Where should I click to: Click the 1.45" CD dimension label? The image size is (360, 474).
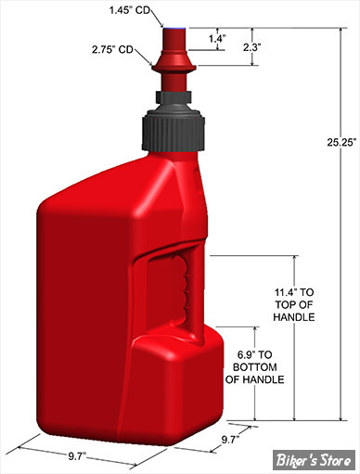pyautogui.click(x=130, y=10)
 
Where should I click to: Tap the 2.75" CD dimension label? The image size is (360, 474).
pyautogui.click(x=112, y=49)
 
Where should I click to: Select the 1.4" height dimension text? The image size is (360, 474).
pyautogui.click(x=217, y=39)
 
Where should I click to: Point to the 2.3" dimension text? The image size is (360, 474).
pyautogui.click(x=251, y=47)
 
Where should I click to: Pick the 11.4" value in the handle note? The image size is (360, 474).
pyautogui.click(x=284, y=292)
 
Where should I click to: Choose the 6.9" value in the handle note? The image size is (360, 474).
pyautogui.click(x=247, y=354)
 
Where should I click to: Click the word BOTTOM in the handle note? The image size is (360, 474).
pyautogui.click(x=255, y=367)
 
